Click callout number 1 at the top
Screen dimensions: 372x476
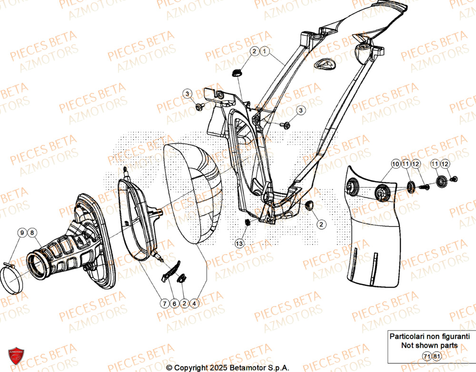point(266,51)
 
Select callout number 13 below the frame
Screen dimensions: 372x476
point(239,243)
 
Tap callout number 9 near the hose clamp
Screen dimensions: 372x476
point(22,233)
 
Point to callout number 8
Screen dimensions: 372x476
point(32,233)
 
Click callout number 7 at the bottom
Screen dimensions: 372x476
point(164,303)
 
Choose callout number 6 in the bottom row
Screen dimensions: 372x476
point(174,303)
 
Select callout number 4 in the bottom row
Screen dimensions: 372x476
point(194,303)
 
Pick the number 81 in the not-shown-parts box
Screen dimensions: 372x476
point(436,356)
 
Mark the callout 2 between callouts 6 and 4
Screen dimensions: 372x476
point(184,303)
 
